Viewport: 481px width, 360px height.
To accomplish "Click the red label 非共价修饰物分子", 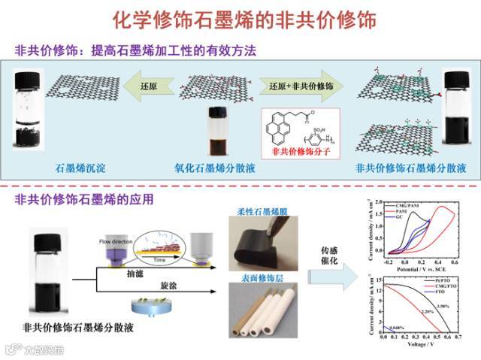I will tap(299, 151).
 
